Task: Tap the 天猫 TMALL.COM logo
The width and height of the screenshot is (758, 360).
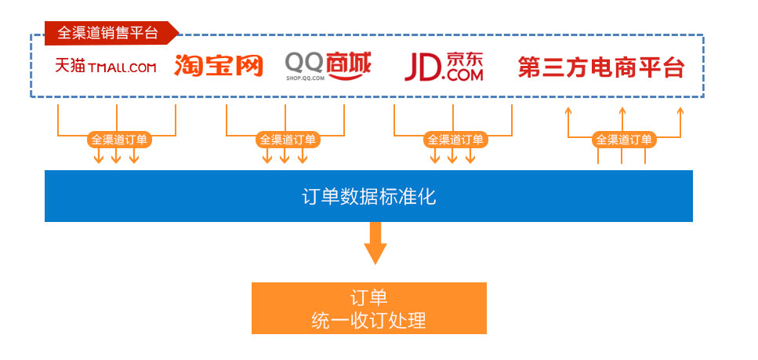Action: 106,67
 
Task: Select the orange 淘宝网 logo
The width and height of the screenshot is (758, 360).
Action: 218,66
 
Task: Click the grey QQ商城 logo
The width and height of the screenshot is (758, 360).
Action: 327,64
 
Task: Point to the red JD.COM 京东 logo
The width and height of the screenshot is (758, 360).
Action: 443,67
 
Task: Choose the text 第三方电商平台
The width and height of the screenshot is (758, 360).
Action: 600,67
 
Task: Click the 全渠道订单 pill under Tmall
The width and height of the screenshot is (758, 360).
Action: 118,140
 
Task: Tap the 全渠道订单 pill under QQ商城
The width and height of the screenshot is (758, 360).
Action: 287,140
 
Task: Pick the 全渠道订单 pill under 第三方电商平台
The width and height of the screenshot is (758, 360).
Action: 623,140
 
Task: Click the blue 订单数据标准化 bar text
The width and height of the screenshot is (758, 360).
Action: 368,196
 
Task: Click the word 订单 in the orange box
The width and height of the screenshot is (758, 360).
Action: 368,298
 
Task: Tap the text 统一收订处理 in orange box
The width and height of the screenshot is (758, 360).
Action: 368,320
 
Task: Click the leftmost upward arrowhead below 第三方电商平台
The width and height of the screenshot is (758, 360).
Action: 567,112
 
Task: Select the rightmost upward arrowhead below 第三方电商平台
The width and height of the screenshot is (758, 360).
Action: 680,112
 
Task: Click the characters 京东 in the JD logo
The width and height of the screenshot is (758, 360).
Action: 463,58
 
